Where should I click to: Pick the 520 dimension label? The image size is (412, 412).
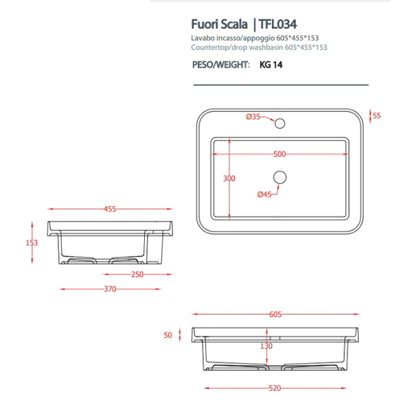tap(275, 388)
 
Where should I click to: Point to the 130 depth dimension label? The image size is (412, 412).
tap(266, 346)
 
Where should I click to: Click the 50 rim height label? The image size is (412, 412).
tap(167, 335)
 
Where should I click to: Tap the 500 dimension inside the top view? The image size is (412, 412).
tap(279, 154)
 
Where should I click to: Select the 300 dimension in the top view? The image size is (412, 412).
tap(229, 179)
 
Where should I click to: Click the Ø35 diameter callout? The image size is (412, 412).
tap(253, 117)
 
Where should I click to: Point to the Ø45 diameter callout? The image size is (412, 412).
tap(265, 194)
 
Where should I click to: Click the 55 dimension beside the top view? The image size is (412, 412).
tap(376, 116)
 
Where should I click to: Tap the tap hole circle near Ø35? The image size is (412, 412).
tap(279, 124)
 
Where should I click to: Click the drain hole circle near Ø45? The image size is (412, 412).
tap(279, 177)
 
